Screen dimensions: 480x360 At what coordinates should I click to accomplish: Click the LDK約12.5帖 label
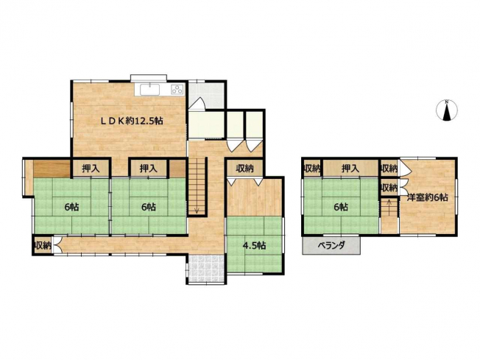pyautogui.click(x=132, y=121)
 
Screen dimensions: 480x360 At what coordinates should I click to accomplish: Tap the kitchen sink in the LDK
pyautogui.click(x=149, y=90)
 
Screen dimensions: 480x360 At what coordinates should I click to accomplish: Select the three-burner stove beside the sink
pyautogui.click(x=177, y=89)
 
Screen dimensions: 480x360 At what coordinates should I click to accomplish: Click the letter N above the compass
pyautogui.click(x=448, y=102)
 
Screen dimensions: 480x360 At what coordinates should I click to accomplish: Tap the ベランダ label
pyautogui.click(x=331, y=245)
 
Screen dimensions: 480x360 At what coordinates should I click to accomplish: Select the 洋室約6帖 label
pyautogui.click(x=427, y=197)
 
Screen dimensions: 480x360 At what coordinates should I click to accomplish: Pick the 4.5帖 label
pyautogui.click(x=254, y=245)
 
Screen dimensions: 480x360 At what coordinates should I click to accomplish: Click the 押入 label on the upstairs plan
pyautogui.click(x=350, y=168)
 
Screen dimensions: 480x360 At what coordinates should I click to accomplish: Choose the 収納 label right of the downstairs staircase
pyautogui.click(x=244, y=168)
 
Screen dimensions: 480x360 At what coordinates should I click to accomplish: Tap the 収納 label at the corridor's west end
pyautogui.click(x=43, y=245)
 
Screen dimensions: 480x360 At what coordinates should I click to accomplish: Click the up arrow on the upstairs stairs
pyautogui.click(x=389, y=204)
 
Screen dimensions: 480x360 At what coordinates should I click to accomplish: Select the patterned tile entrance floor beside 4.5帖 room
pyautogui.click(x=206, y=269)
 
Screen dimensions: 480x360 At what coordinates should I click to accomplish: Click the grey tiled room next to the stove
pyautogui.click(x=207, y=96)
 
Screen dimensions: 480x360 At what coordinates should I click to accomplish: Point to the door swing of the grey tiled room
pyautogui.click(x=196, y=104)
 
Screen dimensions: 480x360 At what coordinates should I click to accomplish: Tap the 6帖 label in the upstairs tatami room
pyautogui.click(x=341, y=208)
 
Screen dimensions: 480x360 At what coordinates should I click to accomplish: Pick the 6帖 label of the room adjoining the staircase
pyautogui.click(x=149, y=208)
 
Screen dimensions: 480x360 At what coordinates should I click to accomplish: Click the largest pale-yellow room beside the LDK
pyautogui.click(x=206, y=124)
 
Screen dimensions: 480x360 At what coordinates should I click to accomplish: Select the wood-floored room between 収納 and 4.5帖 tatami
pyautogui.click(x=255, y=197)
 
